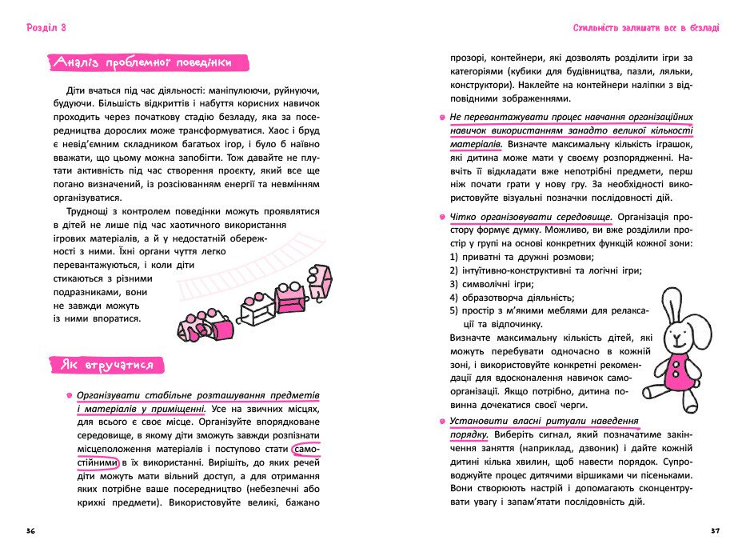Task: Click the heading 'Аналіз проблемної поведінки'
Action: (148, 62)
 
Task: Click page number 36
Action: (30, 531)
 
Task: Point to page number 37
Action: (715, 531)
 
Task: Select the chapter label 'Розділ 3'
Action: (46, 28)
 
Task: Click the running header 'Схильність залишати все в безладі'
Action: (645, 28)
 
